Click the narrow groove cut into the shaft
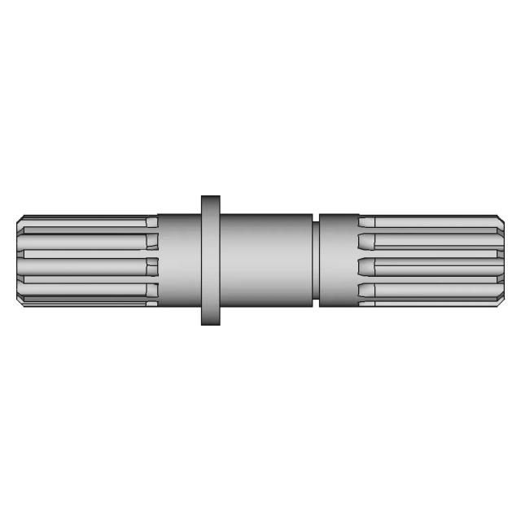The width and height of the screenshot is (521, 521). click(315, 260)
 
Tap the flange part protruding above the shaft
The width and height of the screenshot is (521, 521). click(211, 204)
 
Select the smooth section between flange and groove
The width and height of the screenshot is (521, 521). click(266, 260)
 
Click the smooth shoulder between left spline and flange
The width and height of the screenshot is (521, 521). click(179, 260)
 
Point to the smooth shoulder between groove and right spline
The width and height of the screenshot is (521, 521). click(339, 260)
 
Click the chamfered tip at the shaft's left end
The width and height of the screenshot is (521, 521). click(20, 260)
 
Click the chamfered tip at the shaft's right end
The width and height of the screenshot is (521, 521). click(501, 260)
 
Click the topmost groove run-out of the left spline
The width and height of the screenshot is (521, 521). click(152, 222)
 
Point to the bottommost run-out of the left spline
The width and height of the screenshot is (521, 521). click(152, 291)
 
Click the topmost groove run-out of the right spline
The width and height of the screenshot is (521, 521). click(366, 222)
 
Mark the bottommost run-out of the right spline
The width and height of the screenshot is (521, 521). click(366, 291)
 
